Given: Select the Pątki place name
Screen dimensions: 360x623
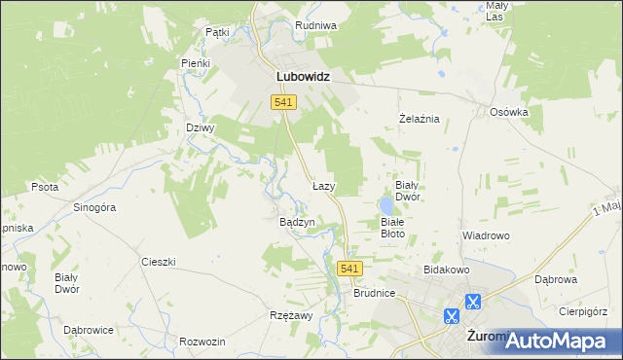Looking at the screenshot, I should (217, 32).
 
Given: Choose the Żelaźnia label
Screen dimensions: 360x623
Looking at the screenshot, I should (421, 119).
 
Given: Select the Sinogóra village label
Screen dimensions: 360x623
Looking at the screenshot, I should (95, 207).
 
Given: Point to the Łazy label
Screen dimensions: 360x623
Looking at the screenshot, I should (324, 185).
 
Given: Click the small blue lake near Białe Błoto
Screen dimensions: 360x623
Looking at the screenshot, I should (387, 205).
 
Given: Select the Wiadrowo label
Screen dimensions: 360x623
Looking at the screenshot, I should (486, 236).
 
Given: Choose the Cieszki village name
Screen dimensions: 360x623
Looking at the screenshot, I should (158, 262).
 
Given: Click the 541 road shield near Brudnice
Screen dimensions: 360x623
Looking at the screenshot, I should (351, 269).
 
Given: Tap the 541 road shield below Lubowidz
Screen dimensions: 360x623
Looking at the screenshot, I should (284, 103).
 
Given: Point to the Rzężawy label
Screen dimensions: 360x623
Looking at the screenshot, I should (290, 316).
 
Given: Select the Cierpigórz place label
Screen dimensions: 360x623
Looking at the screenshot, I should (582, 312).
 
